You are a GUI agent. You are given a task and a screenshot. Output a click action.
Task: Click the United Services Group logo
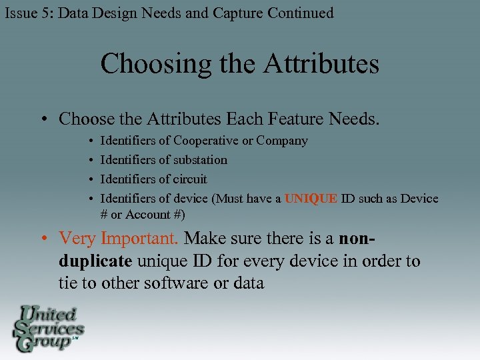pyautogui.click(x=48, y=328)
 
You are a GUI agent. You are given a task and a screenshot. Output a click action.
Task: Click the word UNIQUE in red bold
pyautogui.click(x=311, y=199)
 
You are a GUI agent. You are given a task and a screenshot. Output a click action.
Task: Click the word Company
pyautogui.click(x=282, y=141)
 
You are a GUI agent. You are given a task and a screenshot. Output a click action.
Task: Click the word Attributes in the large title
pyautogui.click(x=321, y=64)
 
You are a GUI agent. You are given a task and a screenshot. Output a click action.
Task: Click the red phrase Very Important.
pyautogui.click(x=119, y=238)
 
